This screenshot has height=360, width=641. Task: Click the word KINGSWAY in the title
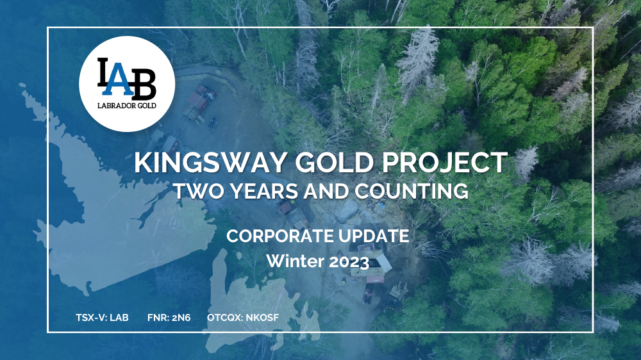coord(210,163)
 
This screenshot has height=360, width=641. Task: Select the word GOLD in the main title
coord(335,163)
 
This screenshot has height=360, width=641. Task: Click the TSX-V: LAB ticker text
coord(102,318)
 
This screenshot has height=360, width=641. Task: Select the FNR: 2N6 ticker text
coord(169,318)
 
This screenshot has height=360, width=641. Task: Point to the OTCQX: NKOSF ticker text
coord(243,318)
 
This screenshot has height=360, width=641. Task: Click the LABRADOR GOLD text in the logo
coord(127,106)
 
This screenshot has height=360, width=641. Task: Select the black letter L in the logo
coord(103,72)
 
